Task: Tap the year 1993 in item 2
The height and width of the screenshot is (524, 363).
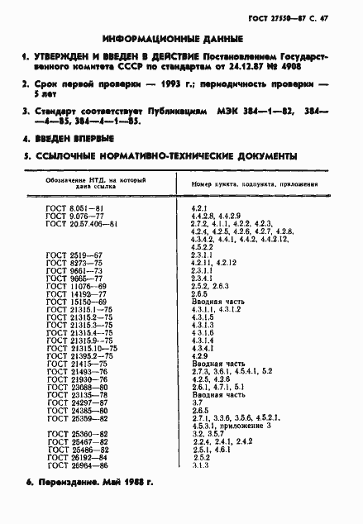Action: click(x=170, y=83)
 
